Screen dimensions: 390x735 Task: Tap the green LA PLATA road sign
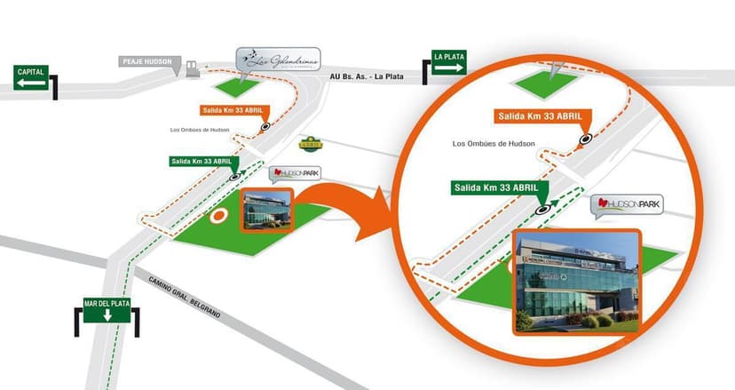[449, 61]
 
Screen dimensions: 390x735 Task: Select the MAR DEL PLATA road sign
[107, 309]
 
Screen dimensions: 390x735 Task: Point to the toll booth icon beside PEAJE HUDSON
[191, 67]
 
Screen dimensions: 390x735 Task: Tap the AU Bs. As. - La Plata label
[366, 76]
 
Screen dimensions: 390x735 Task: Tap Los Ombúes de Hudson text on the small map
[200, 131]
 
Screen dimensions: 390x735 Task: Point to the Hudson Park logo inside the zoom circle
[627, 206]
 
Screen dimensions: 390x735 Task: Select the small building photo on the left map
[267, 210]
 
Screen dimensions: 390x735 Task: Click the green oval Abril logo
[312, 142]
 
